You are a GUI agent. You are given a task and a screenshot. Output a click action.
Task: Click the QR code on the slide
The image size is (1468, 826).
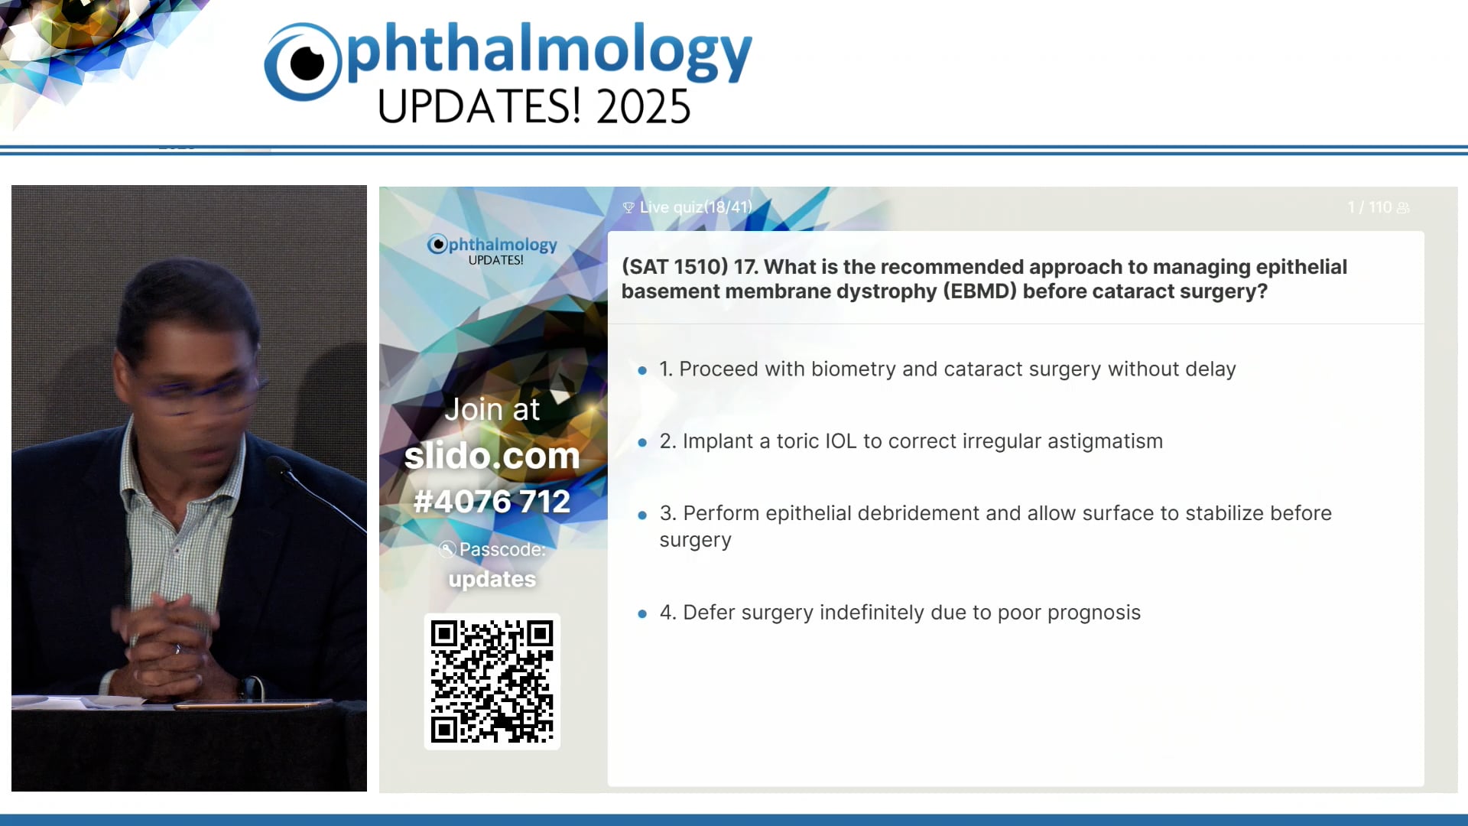[x=492, y=681]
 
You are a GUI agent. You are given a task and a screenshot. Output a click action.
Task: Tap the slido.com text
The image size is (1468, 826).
[x=492, y=456]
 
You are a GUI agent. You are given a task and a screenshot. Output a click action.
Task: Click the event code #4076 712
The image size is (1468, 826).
[x=492, y=502]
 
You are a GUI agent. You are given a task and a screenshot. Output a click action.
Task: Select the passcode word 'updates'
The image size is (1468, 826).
[x=492, y=579]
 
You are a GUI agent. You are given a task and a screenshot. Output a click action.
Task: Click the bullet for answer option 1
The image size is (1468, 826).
[x=642, y=370]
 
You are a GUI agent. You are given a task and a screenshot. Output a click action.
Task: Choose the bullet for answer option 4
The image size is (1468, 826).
[x=642, y=613]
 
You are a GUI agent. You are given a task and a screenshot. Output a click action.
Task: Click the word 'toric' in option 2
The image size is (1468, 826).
[x=798, y=441]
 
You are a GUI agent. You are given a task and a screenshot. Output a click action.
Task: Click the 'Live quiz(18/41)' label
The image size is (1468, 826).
[x=695, y=207]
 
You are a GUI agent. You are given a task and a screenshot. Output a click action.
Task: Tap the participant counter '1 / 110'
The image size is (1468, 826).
[x=1369, y=207]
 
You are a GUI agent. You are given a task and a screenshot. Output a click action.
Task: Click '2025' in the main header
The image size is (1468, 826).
[x=644, y=106]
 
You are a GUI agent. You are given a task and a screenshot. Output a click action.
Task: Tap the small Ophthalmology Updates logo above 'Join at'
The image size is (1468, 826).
[x=492, y=250]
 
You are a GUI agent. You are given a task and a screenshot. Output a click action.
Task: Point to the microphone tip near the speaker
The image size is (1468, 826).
[x=277, y=463]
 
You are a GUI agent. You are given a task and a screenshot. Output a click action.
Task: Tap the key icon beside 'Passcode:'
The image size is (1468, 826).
[x=447, y=549]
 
